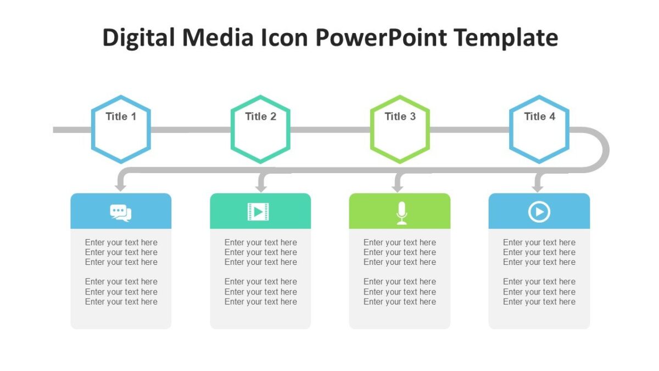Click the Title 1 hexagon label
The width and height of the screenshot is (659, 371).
(x=121, y=117)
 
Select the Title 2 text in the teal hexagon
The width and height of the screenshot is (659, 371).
(x=260, y=117)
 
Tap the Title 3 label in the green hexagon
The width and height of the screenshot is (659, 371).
(x=400, y=117)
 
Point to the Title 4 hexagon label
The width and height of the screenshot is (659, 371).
(x=539, y=117)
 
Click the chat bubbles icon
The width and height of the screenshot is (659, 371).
(x=121, y=212)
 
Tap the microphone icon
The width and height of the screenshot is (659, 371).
(x=402, y=213)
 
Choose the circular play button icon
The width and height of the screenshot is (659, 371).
(x=539, y=212)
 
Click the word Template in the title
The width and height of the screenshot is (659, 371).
(x=507, y=37)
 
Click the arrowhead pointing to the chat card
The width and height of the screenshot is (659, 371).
(x=121, y=187)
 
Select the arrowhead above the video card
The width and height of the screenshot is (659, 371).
(x=261, y=187)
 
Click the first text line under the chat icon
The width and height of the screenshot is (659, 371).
(x=121, y=242)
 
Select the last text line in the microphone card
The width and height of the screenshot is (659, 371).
(x=399, y=302)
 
